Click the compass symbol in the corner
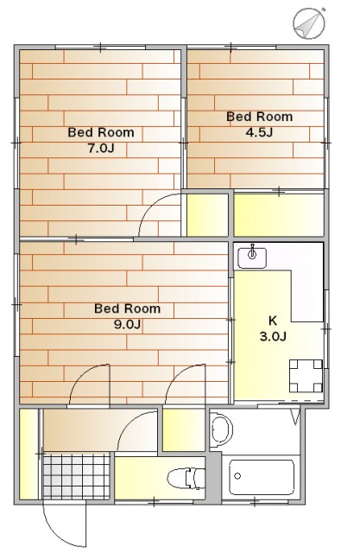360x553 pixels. coord(309,23)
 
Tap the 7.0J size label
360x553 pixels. coord(101,148)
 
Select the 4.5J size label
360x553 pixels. coord(259,132)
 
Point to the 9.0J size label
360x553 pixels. coord(127,324)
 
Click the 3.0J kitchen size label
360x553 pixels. coord(273,336)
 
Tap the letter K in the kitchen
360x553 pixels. coord(273,321)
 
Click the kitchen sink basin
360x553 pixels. coord(252,257)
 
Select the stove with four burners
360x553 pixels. coord(306,377)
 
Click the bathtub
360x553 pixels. coord(262,477)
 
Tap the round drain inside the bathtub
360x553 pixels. coord(237,476)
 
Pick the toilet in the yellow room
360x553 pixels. coord(186,478)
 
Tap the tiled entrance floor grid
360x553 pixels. coord(77,476)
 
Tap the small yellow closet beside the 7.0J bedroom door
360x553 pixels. coord(207,215)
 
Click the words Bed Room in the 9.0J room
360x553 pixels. coord(127,308)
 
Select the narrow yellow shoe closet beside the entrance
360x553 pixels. coord(28,454)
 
